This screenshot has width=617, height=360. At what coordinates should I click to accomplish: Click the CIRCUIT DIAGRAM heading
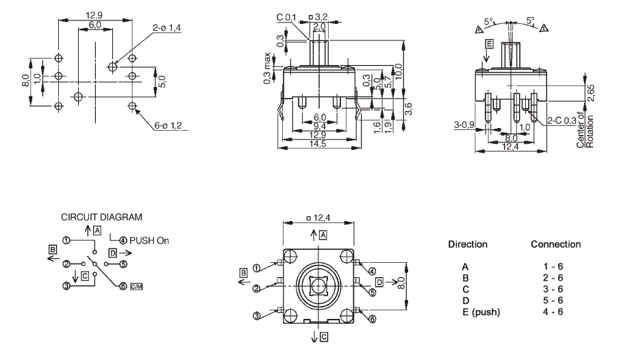pyautogui.click(x=101, y=217)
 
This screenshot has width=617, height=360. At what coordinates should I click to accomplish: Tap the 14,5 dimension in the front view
pyautogui.click(x=317, y=144)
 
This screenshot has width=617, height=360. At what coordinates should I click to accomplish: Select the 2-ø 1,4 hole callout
pyautogui.click(x=166, y=28)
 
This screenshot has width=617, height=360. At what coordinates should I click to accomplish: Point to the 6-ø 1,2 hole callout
pyautogui.click(x=168, y=125)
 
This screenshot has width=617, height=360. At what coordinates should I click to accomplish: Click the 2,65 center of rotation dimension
pyautogui.click(x=591, y=93)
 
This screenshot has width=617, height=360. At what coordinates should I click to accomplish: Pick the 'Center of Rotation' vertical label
pyautogui.click(x=585, y=131)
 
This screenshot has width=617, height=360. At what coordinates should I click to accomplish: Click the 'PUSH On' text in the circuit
pyautogui.click(x=149, y=240)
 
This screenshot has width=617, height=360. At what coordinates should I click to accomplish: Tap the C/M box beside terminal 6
pyautogui.click(x=136, y=287)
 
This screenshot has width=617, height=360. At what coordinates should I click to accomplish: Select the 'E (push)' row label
pyautogui.click(x=481, y=312)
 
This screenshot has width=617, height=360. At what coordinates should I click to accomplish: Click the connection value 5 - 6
pyautogui.click(x=553, y=300)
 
